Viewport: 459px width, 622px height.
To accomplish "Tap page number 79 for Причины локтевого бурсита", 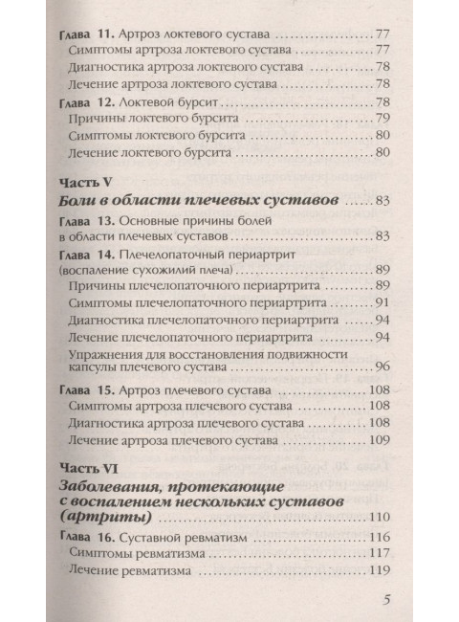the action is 383,119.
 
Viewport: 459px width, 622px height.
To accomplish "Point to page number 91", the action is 384,302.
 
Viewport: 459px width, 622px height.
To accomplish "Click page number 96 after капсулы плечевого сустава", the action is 384,367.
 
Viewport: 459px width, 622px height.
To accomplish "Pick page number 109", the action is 381,439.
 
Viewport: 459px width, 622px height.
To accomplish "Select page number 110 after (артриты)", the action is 381,518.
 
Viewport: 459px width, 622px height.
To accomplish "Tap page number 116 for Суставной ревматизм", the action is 381,538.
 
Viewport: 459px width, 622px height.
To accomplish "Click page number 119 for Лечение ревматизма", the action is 381,571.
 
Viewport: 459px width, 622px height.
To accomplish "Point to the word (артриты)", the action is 106,518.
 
